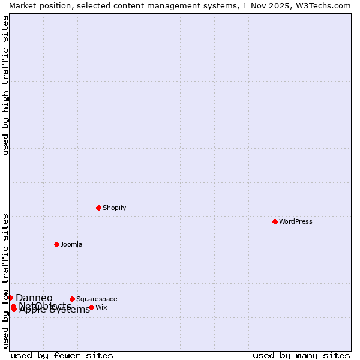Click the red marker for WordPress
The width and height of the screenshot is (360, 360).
coord(275,221)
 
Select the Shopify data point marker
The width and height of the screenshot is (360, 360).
coord(98,208)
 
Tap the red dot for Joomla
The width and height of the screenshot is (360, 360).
coord(56,244)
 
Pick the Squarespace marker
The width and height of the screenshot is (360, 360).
coord(72,299)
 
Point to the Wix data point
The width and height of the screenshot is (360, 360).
coord(91,307)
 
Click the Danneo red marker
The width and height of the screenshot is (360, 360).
coord(10,298)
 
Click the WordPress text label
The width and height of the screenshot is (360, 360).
coord(295,221)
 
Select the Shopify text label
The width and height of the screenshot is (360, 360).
coord(114,208)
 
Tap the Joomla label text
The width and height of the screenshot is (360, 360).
coord(71,244)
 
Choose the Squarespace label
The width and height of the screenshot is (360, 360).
coord(96,299)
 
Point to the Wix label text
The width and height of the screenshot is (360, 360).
coord(101,307)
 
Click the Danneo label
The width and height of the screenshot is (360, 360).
coord(34,298)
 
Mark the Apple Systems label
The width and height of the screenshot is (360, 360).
coord(55,310)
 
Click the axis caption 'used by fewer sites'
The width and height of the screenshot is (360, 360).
coord(61,355)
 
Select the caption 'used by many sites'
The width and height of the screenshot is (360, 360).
coord(301,355)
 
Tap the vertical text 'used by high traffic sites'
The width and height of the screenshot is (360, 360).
coord(5,85)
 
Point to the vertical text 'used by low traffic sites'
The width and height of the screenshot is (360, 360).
coord(5,280)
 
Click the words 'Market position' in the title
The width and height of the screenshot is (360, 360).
coord(37,5)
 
